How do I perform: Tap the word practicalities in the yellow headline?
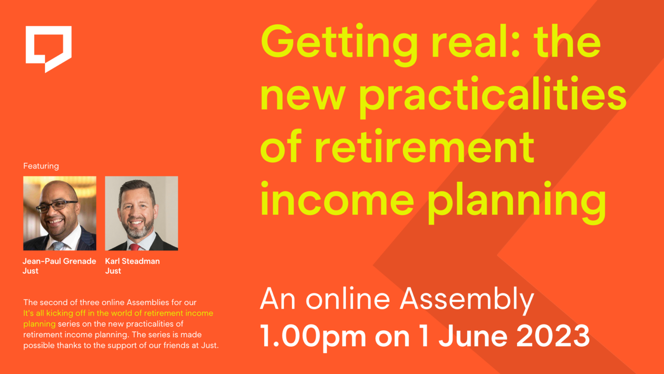tap(493, 95)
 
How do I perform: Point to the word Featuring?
tap(41, 166)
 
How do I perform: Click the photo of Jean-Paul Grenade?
tap(60, 213)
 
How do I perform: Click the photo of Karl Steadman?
tap(141, 213)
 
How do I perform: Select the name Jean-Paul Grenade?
tap(59, 261)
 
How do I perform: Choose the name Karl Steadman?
tap(132, 261)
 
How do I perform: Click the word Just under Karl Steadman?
tap(113, 271)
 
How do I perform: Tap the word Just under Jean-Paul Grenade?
tap(30, 271)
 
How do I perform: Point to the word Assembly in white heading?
tap(467, 300)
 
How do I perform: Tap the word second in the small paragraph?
tap(52, 303)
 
